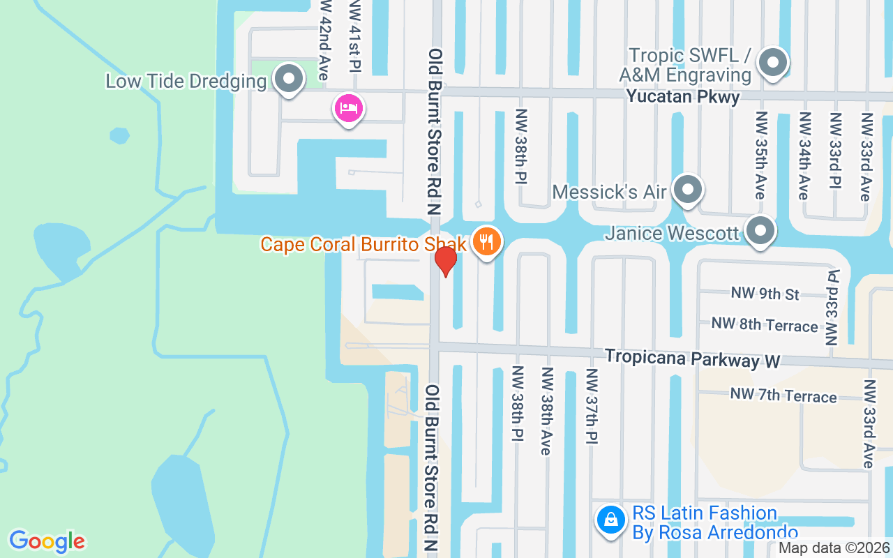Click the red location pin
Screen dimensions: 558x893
(x=445, y=262)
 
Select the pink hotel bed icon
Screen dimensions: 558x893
(x=348, y=108)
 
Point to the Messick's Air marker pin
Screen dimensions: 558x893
(x=688, y=189)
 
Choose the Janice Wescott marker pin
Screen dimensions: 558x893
(x=759, y=230)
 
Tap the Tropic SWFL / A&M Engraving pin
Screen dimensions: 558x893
(x=772, y=63)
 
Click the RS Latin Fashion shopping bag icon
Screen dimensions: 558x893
(x=610, y=520)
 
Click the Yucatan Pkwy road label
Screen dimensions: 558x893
(x=682, y=97)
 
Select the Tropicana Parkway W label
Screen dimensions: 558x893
(x=692, y=359)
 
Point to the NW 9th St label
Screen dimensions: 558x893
(x=765, y=294)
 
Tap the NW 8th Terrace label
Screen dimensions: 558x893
(x=765, y=324)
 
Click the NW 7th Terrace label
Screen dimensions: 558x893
(x=783, y=395)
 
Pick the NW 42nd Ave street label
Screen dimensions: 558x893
(x=324, y=38)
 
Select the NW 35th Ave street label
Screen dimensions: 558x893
(x=761, y=155)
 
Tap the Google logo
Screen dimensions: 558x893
(x=47, y=541)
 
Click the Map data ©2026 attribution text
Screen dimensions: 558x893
(x=834, y=548)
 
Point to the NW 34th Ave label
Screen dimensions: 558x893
(x=804, y=155)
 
